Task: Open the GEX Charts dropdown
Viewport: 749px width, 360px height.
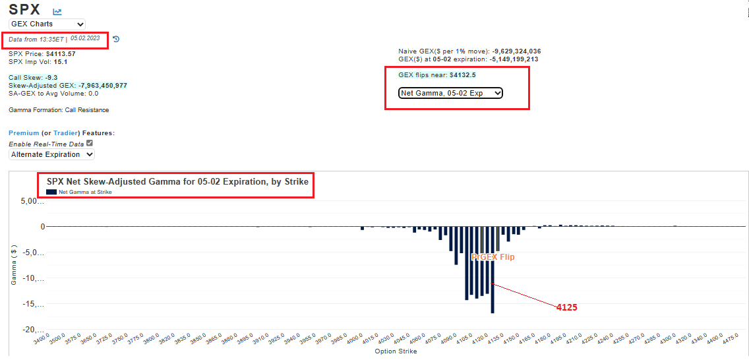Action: (x=47, y=24)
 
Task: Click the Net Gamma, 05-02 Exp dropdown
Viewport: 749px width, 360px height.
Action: (x=450, y=93)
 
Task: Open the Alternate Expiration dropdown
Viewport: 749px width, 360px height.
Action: (x=51, y=154)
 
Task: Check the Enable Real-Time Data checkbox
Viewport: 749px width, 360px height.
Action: (x=90, y=143)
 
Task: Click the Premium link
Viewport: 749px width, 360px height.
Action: (x=24, y=133)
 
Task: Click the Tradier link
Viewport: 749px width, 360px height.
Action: (x=66, y=133)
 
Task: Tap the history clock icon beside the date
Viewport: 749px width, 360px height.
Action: (x=116, y=39)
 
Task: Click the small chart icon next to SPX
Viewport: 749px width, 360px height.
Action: (x=57, y=12)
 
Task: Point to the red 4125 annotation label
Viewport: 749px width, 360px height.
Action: (x=567, y=307)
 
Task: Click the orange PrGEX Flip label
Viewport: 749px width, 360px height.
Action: (x=493, y=257)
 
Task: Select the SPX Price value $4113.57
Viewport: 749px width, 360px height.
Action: (x=61, y=53)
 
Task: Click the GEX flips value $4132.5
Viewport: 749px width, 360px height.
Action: (x=462, y=75)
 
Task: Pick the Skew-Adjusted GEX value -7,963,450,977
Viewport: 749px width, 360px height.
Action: (x=103, y=86)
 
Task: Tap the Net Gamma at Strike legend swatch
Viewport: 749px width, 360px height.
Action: (x=51, y=192)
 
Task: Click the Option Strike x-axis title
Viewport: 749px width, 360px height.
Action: (x=396, y=351)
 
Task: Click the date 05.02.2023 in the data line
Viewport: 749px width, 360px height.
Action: (x=85, y=38)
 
